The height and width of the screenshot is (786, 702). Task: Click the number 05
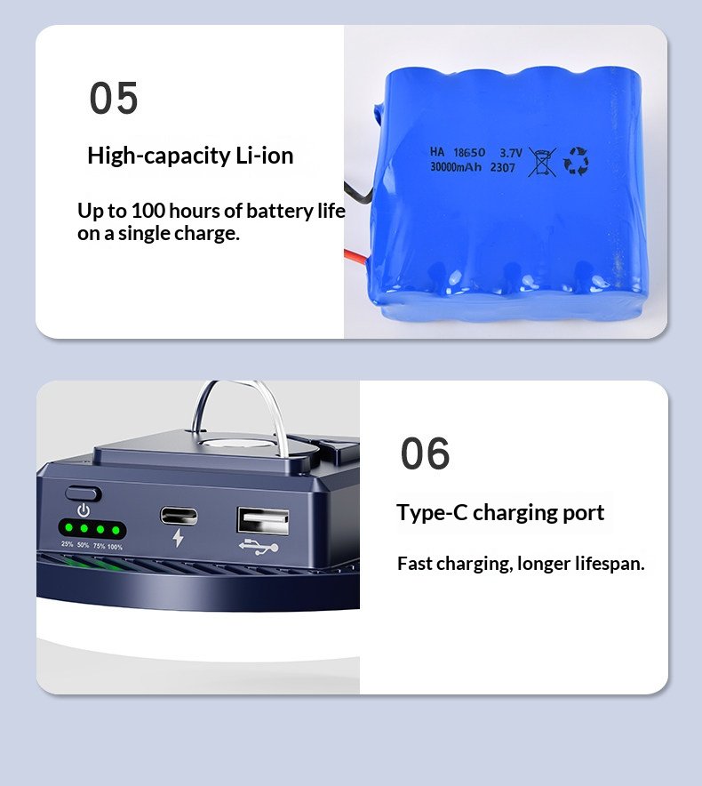coord(113,98)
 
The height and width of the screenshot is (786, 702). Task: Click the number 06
coord(425,453)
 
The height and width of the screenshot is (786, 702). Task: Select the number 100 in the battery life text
coord(148,211)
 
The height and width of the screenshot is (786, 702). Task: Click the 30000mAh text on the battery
coord(456,166)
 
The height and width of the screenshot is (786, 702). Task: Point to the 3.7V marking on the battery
coord(511,152)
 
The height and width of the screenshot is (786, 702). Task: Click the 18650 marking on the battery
coord(469,152)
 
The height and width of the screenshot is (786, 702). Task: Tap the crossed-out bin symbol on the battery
coord(542,162)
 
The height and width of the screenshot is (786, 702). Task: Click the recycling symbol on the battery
coord(576,161)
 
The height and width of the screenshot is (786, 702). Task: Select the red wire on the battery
coord(356,256)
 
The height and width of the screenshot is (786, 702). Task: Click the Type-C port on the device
coord(179,516)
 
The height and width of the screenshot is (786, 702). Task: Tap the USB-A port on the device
coord(263,521)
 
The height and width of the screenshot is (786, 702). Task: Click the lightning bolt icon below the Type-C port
coord(178,538)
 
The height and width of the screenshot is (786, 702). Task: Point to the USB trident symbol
coord(259,547)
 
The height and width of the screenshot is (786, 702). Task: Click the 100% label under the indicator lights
coord(115,547)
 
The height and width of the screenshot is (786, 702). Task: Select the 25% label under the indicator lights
coord(68,544)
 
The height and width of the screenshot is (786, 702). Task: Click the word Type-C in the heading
coord(432,513)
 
